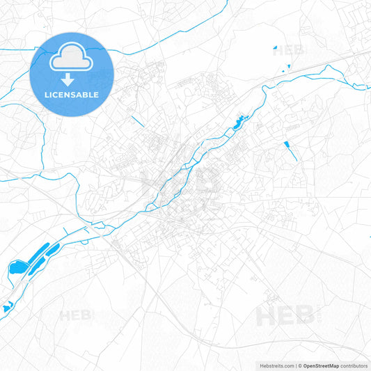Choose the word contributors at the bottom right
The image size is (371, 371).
pos(354,365)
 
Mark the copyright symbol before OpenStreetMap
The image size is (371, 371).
pos(300,365)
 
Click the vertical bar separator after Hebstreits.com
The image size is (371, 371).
pos(295,365)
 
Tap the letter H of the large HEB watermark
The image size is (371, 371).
pos(267,316)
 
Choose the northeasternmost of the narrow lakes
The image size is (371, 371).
pos(53,248)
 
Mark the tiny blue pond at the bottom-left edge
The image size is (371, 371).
pos(7,306)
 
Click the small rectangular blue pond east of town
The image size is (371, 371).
pos(286,145)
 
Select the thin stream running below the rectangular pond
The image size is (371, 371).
pos(292,155)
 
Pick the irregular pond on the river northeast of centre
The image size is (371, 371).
pos(240,123)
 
